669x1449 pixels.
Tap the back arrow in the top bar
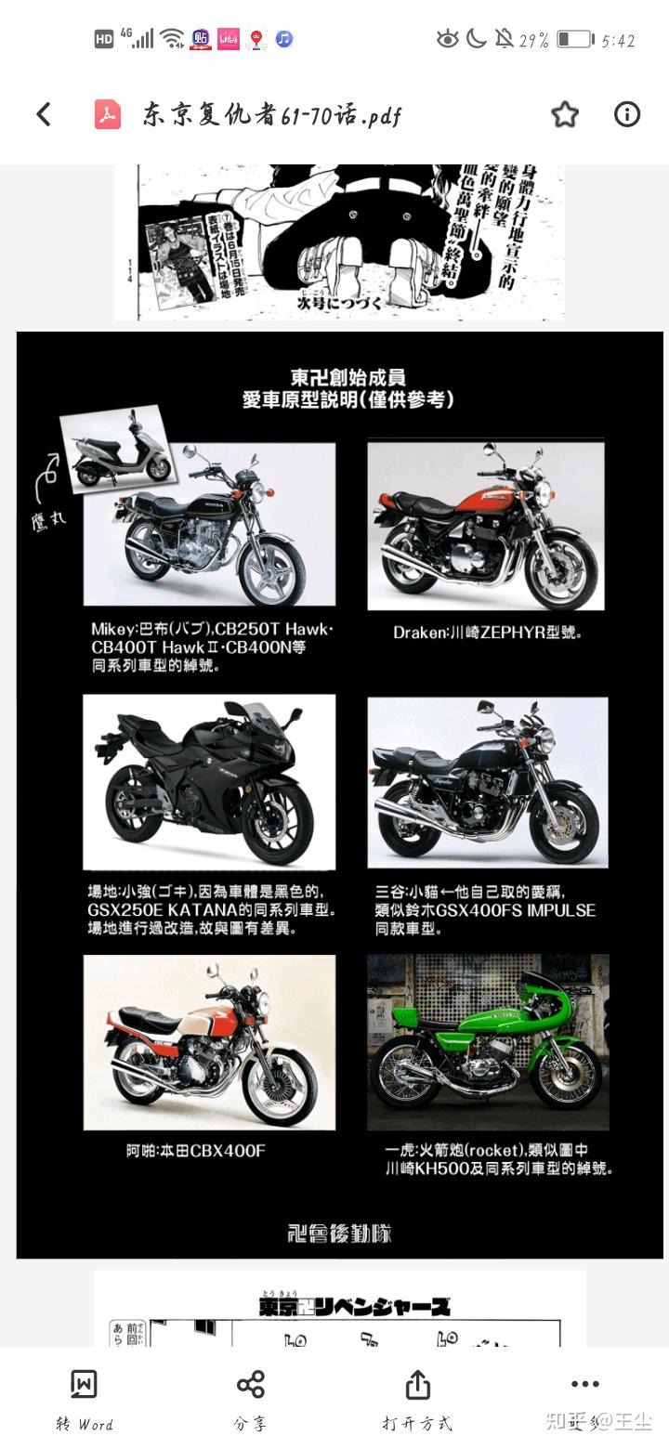44,114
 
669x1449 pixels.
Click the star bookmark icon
565,114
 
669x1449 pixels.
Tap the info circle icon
627,114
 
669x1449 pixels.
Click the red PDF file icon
108,114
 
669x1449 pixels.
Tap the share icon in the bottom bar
250,1384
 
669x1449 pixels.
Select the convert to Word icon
84,1384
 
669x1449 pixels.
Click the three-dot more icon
584,1384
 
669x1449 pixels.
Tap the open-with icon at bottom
417,1384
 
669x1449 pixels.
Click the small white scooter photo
116,452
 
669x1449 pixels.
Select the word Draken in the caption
420,633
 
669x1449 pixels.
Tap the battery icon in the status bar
575,39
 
